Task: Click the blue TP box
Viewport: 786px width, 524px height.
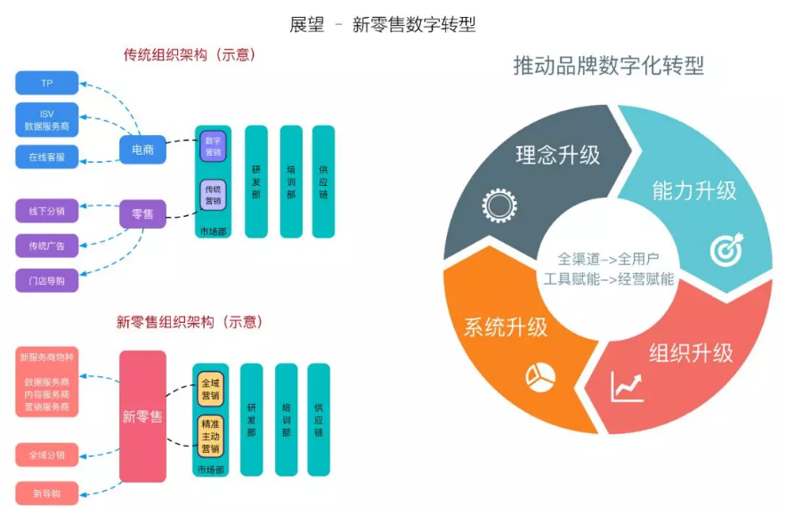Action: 47,83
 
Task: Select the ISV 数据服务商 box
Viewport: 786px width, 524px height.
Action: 47,120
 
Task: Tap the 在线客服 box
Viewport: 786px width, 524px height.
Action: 47,157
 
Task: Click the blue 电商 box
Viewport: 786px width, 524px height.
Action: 142,149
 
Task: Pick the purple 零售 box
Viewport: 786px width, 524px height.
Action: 142,214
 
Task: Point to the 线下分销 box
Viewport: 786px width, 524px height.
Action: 47,211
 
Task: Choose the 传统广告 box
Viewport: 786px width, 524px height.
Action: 47,245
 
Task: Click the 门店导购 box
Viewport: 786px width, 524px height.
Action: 47,280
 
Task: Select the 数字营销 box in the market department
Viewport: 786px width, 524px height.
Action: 213,146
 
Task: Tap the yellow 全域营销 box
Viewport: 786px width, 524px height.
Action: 210,389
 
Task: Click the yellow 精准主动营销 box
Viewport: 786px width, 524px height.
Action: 210,437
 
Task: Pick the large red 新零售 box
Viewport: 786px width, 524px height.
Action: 142,416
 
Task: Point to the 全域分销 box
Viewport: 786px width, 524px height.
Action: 47,455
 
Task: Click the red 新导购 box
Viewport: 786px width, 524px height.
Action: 47,493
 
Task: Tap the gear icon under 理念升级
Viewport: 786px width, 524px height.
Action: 499,206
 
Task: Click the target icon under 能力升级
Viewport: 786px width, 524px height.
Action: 725,250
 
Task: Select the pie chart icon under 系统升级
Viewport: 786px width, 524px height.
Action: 539,376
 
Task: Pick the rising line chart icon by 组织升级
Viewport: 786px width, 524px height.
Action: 627,388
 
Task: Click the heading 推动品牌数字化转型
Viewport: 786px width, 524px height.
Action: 608,66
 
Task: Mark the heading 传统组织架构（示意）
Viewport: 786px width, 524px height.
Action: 190,54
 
